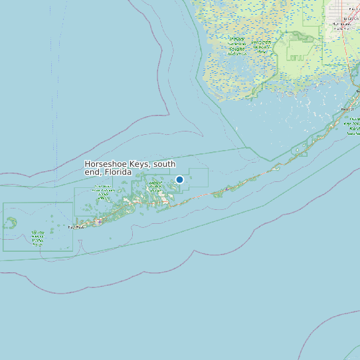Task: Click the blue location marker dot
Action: coord(179,179)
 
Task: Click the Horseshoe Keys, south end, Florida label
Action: coord(130,167)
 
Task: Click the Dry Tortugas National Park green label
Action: coord(37,237)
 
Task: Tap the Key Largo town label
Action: coord(347,110)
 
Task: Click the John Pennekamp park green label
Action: coord(353,126)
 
